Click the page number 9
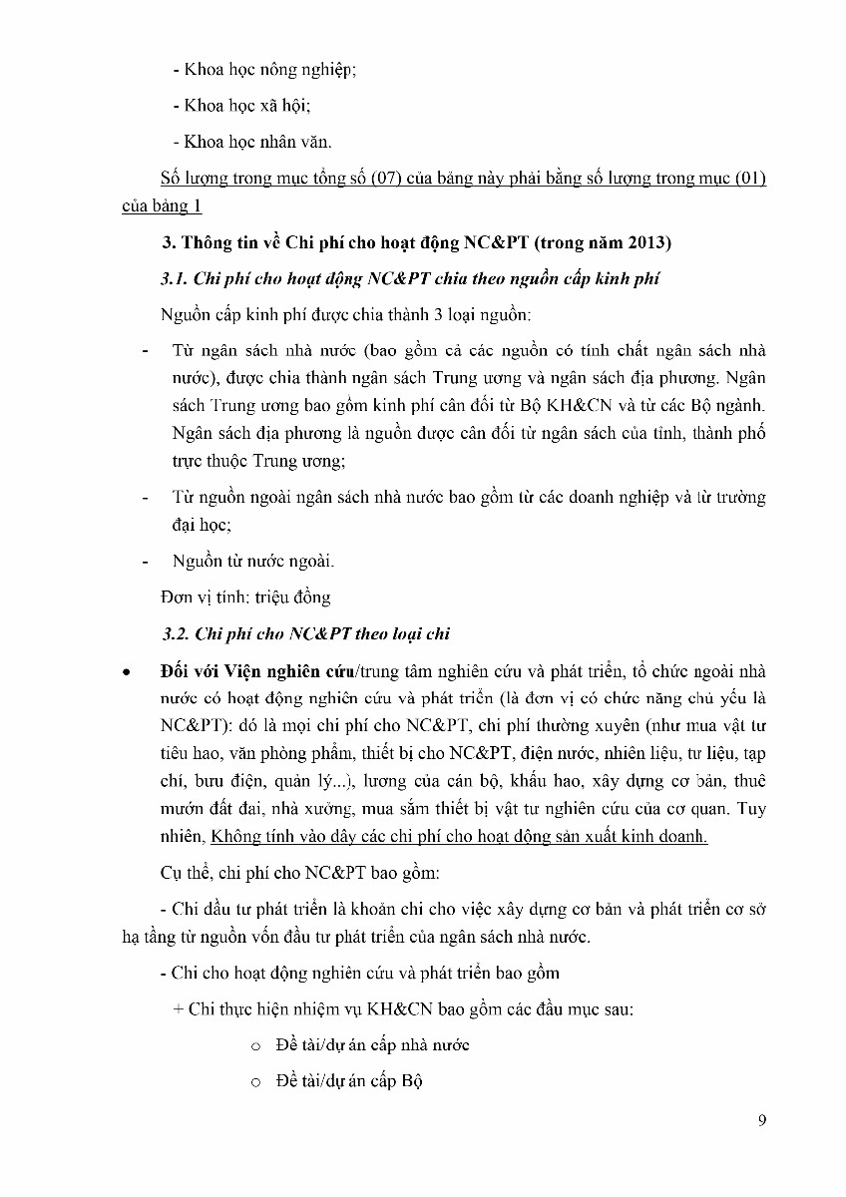[x=762, y=1120]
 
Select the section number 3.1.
[x=178, y=278]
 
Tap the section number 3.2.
[x=178, y=633]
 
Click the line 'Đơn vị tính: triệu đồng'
[x=245, y=597]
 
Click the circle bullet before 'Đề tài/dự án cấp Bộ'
[x=255, y=1081]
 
